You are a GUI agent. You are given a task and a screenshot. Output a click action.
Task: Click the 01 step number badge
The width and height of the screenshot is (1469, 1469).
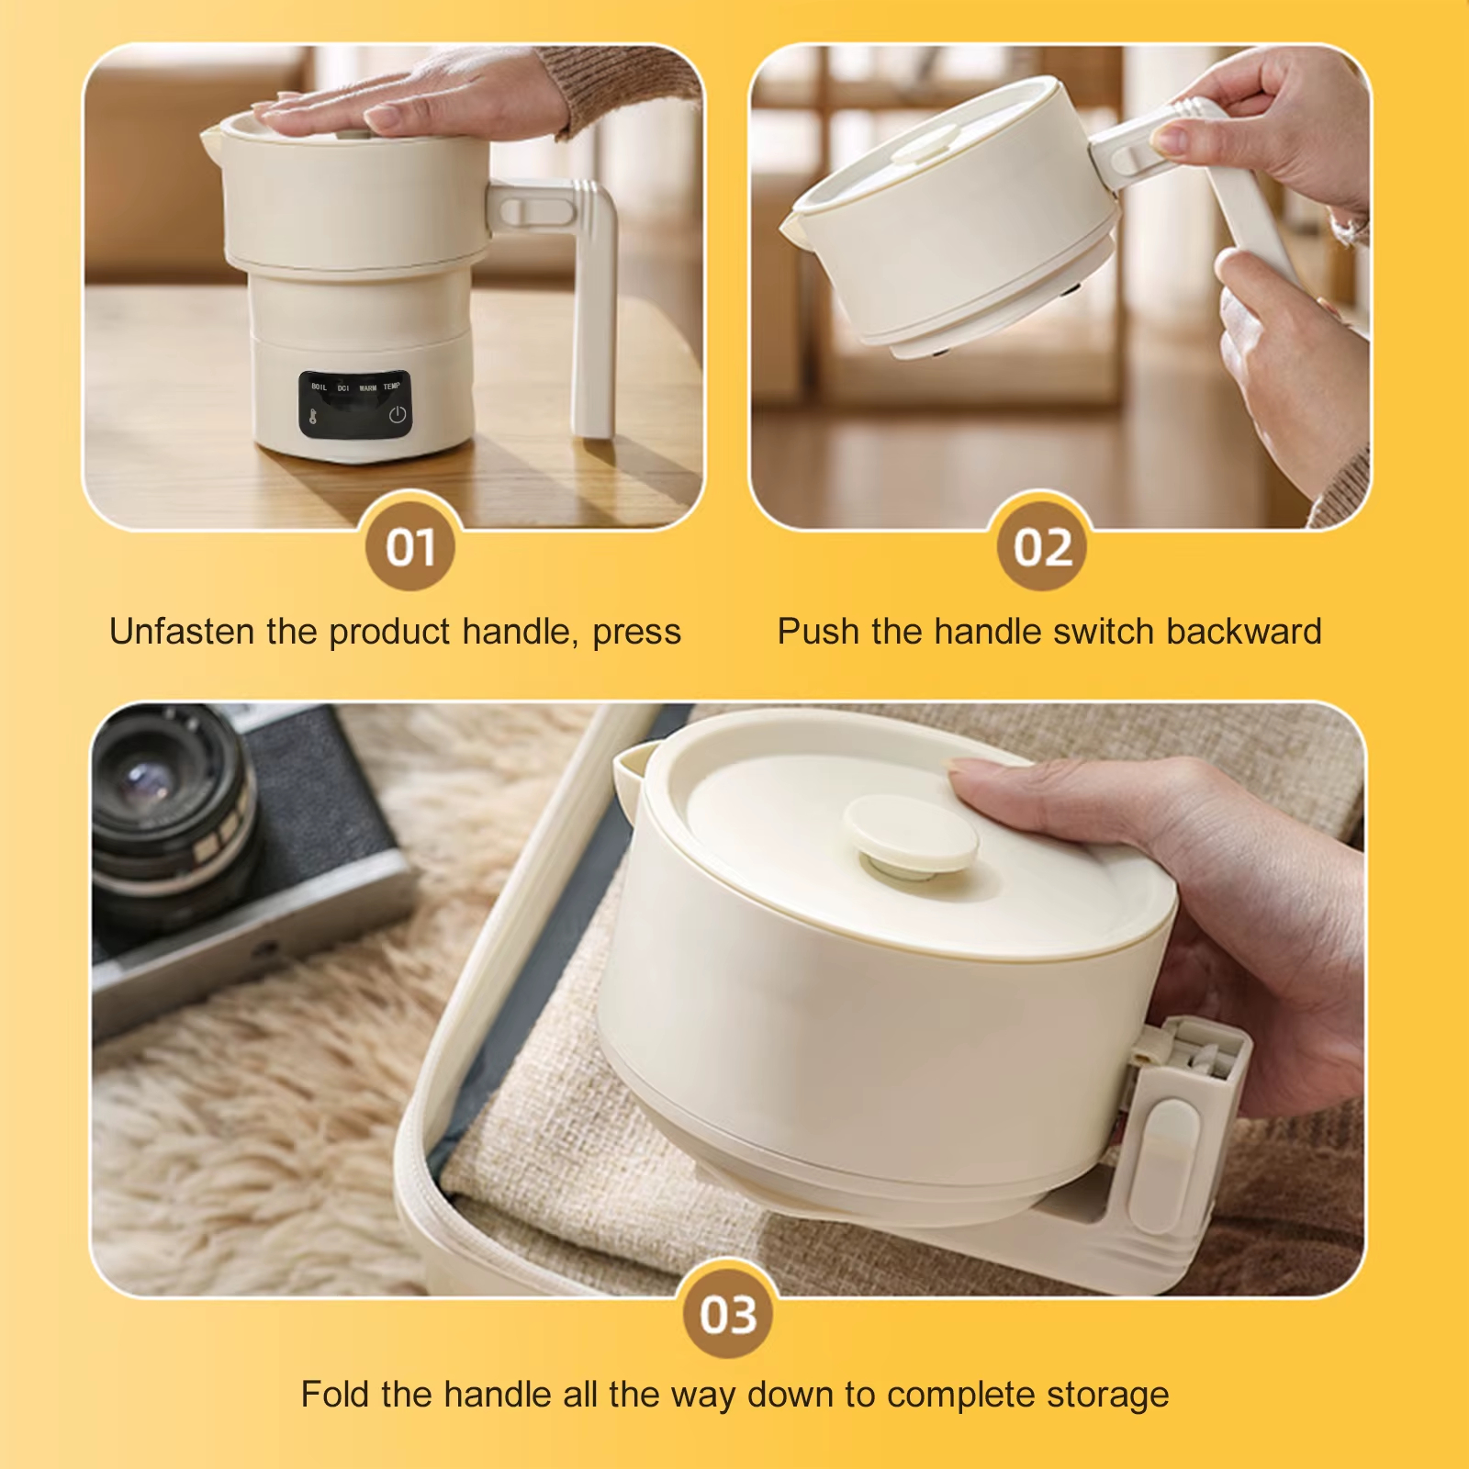coord(409,547)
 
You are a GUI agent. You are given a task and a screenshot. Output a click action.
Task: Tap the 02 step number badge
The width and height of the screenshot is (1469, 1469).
coord(1042,547)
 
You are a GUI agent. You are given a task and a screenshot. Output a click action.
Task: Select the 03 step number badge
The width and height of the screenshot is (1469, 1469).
coord(729,1314)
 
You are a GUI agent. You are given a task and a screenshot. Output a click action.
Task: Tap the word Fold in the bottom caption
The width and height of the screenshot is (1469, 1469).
coord(336,1394)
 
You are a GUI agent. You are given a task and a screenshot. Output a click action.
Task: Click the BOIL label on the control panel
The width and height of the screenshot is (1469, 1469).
coord(319,387)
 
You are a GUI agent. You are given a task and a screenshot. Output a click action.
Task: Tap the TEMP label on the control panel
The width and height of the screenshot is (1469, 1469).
coord(392,387)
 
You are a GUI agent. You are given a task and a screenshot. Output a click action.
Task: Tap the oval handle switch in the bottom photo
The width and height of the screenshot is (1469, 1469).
coord(1166,1166)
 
